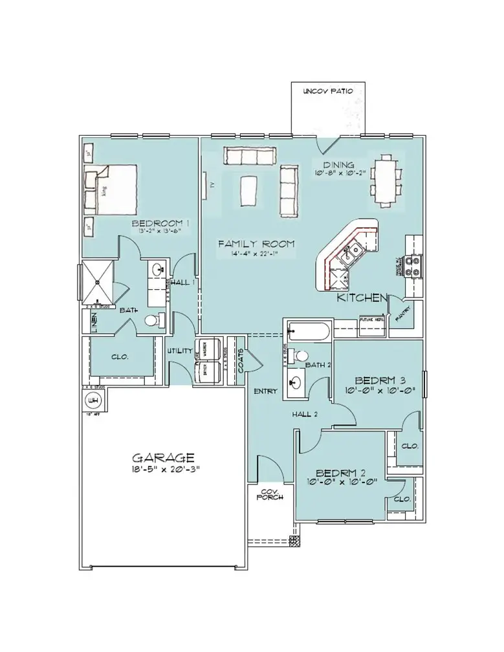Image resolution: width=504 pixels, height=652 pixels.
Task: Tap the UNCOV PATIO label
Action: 328,92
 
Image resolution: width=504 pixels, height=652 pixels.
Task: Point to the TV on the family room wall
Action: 206,184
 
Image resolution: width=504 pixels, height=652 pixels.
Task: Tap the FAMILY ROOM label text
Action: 256,244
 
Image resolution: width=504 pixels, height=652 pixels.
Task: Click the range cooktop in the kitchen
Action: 413,265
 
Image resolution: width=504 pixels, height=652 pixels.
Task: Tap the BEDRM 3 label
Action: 380,380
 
